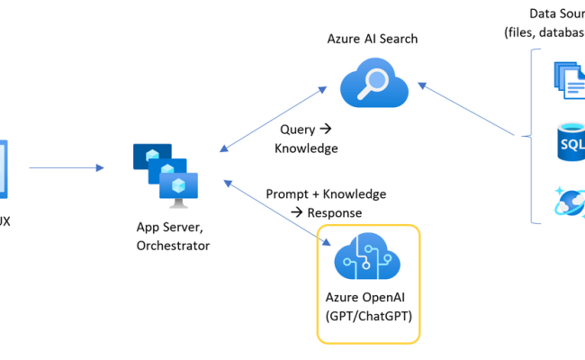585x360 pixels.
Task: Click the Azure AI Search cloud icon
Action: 374,85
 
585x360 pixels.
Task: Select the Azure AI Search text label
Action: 373,40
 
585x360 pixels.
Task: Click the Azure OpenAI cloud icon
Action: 368,257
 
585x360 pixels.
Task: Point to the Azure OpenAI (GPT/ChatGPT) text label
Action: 368,305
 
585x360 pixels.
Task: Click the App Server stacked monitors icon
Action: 165,172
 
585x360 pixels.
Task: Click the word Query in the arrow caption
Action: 298,130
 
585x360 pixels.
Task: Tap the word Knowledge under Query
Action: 307,148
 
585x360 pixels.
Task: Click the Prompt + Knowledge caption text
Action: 326,194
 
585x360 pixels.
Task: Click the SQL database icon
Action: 571,144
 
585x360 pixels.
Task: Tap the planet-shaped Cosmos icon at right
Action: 571,202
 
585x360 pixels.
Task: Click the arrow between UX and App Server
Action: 67,166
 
